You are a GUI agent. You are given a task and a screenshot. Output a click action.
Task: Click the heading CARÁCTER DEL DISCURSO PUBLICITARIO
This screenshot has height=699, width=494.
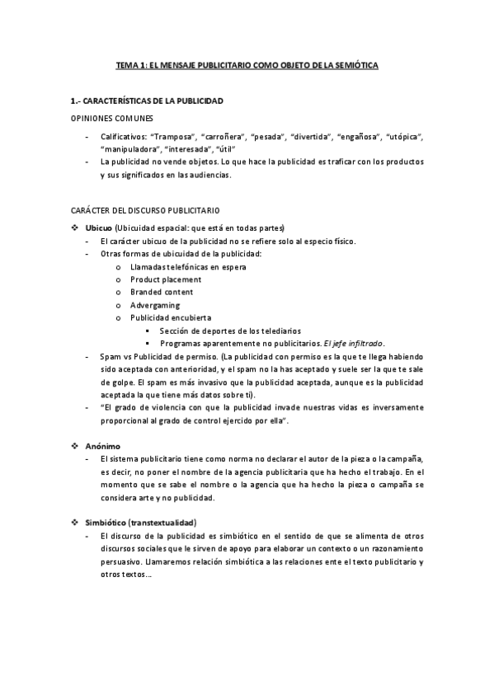[x=144, y=211]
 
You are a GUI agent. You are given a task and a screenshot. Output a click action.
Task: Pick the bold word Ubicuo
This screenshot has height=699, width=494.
[x=99, y=228]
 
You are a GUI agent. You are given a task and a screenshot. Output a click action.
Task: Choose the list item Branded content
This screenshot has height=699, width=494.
[x=162, y=292]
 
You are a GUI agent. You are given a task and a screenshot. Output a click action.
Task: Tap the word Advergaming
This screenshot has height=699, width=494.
[x=155, y=305]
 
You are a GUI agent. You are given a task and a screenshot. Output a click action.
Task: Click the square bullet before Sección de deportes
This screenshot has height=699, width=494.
[x=148, y=331]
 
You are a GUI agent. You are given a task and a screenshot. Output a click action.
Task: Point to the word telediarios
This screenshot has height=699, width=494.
[x=277, y=331]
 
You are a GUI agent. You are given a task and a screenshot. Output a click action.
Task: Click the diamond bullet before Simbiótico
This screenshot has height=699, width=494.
[x=75, y=523]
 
